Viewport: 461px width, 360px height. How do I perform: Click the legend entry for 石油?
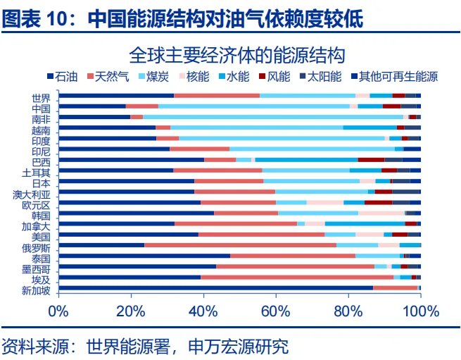pyautogui.click(x=63, y=76)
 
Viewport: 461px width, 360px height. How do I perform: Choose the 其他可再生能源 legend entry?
pyautogui.click(x=398, y=76)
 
